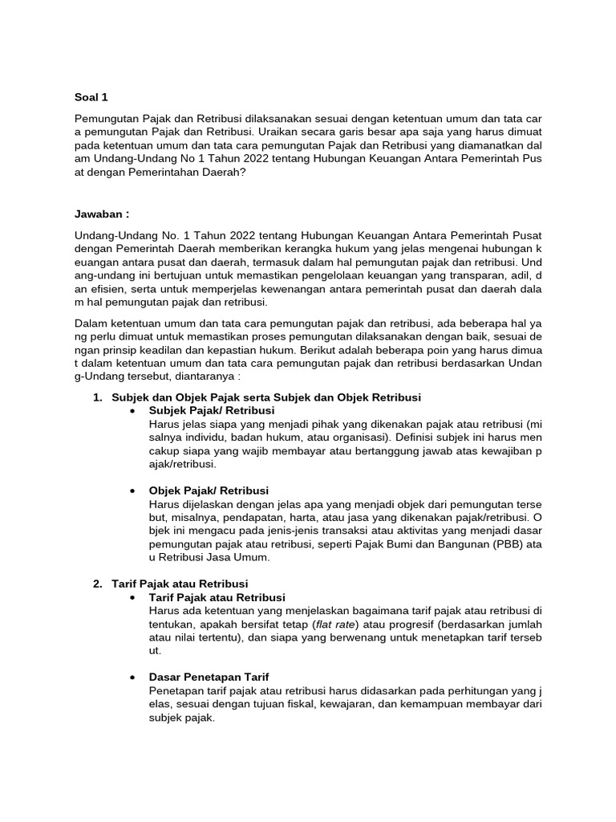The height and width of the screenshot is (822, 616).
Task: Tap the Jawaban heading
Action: [101, 214]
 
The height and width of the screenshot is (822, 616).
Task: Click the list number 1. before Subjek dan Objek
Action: [99, 397]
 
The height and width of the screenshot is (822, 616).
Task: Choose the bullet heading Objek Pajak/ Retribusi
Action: [209, 490]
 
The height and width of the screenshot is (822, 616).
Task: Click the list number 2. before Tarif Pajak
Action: [99, 583]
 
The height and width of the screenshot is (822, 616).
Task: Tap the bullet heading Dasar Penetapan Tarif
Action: [214, 677]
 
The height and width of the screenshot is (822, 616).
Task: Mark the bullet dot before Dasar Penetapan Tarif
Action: [132, 678]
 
